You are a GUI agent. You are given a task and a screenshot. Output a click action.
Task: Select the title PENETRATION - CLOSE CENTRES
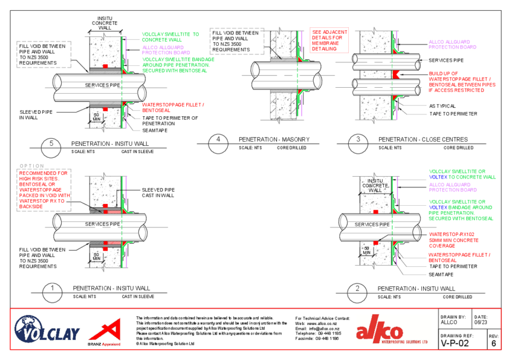[x=423, y=139]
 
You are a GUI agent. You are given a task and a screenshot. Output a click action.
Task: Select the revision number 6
[x=493, y=342]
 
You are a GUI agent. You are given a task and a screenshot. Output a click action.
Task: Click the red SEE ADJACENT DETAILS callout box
[x=326, y=40]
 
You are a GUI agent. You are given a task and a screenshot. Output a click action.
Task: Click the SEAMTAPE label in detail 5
[x=155, y=130]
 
